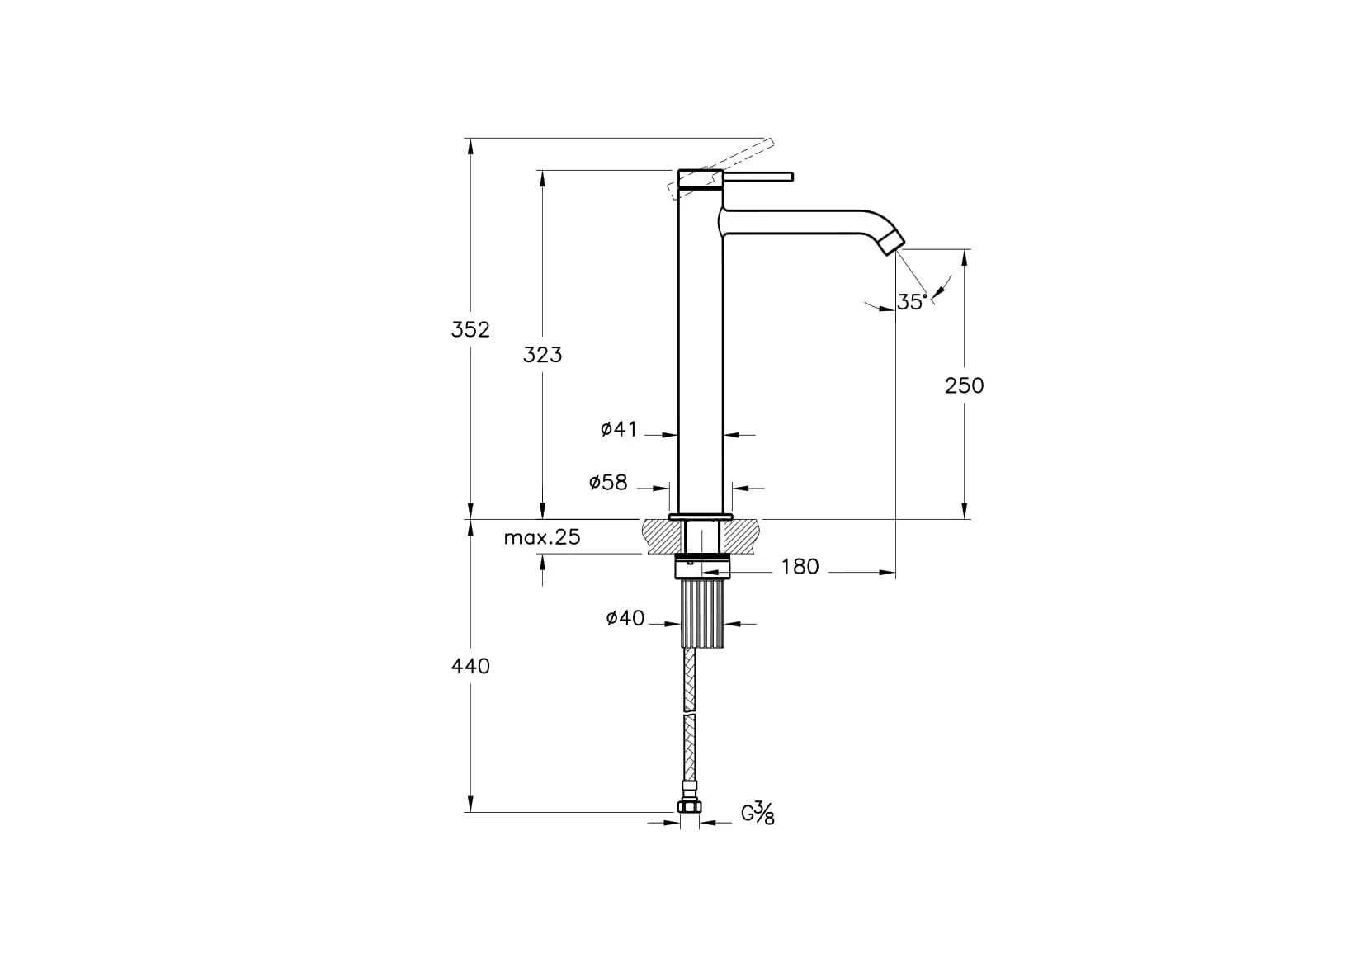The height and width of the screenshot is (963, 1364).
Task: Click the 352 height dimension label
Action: coord(470,329)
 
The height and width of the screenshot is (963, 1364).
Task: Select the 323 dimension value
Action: coord(542,354)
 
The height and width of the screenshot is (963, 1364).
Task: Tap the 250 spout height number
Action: coord(964,385)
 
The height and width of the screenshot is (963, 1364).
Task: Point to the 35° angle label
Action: coord(912,302)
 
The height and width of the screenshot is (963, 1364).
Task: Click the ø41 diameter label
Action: coord(619,429)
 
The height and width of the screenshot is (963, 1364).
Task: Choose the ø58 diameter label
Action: coord(608,483)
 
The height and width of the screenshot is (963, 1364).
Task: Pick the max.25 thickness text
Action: coord(542,538)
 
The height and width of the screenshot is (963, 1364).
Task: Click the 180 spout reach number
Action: coord(800,566)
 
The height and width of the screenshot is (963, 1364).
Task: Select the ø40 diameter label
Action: coord(625,618)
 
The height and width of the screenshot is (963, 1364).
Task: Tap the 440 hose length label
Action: coord(470,665)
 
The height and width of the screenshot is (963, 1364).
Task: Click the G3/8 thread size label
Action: coord(758,814)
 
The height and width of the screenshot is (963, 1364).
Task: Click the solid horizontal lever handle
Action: coord(758,176)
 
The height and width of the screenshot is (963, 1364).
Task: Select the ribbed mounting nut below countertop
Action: coord(701,614)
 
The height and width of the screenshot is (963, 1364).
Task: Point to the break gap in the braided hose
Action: coord(689,712)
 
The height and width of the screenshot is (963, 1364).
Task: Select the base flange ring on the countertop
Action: coord(701,517)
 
